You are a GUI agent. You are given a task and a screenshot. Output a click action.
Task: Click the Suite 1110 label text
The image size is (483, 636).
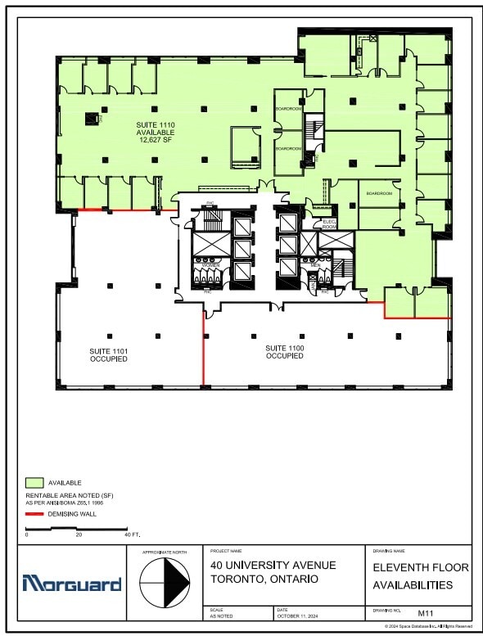pyautogui.click(x=156, y=124)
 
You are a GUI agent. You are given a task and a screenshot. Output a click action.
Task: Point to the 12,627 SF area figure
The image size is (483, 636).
pyautogui.click(x=156, y=140)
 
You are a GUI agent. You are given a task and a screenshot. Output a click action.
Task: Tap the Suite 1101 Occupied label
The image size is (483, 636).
pyautogui.click(x=108, y=355)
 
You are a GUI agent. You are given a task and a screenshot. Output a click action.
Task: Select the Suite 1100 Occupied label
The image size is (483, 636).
pyautogui.click(x=285, y=352)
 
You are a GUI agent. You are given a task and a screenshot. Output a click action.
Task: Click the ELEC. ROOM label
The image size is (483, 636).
pyautogui.click(x=330, y=224)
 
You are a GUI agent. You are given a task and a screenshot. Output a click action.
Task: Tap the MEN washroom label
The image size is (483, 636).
pyautogui.click(x=315, y=265)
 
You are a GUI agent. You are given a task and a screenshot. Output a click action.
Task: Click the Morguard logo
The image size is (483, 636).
pyautogui.click(x=72, y=584)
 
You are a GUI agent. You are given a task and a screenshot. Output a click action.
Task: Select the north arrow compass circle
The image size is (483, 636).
pyautogui.click(x=165, y=584)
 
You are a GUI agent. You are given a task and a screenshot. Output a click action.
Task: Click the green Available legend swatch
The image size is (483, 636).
pyautogui.click(x=34, y=483)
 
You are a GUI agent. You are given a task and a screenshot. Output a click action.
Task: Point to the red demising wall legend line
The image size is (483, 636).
pyautogui.click(x=34, y=514)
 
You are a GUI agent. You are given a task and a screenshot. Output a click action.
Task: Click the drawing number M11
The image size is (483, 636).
pyautogui.click(x=425, y=612)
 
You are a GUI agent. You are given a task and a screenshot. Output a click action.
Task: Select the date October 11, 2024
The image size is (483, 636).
pyautogui.click(x=299, y=616)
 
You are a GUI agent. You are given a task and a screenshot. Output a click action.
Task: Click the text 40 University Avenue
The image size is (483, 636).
pyautogui.click(x=273, y=565)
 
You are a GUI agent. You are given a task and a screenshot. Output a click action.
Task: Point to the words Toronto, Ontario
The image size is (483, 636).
pyautogui.click(x=264, y=579)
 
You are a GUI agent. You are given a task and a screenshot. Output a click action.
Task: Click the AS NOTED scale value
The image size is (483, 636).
pyautogui.click(x=222, y=616)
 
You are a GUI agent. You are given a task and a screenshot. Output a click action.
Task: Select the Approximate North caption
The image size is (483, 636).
pyautogui.click(x=164, y=553)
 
